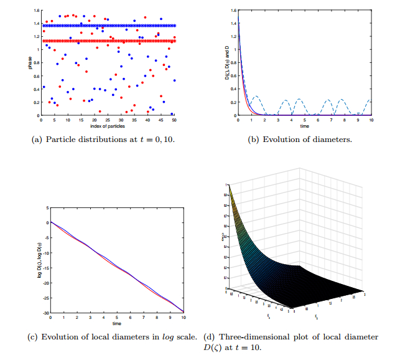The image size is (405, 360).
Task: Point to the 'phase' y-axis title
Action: [29, 62]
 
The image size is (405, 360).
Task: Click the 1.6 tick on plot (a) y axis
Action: [36, 11]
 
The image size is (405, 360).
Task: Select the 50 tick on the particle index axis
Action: [175, 120]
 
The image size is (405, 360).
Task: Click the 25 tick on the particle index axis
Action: [108, 120]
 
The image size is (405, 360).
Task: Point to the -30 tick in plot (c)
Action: [44, 312]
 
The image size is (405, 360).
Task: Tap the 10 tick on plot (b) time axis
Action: [371, 120]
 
